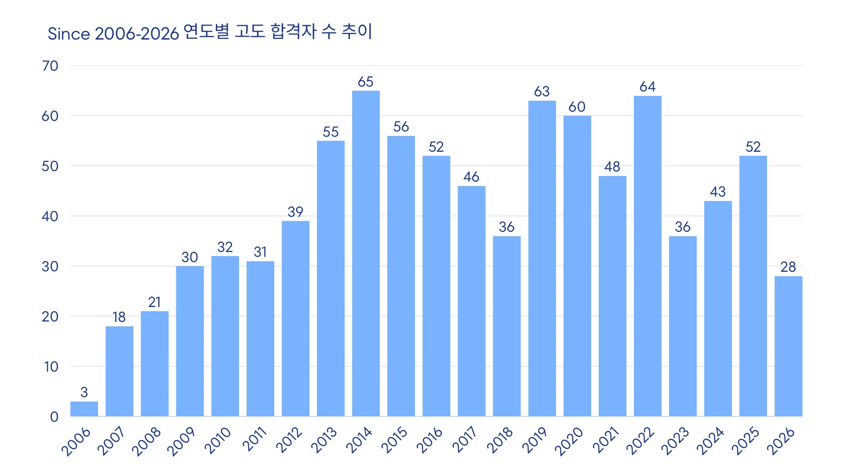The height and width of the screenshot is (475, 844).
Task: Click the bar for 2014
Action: click(366, 253)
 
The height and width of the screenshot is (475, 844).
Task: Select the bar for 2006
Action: click(84, 409)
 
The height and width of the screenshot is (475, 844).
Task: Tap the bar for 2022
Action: click(648, 256)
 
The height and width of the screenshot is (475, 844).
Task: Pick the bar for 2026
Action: click(788, 346)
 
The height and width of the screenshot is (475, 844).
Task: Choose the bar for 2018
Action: click(506, 326)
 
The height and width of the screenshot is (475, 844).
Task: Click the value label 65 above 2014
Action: click(366, 82)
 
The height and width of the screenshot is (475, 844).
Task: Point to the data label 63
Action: click(542, 91)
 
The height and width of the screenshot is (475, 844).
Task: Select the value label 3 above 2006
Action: click(84, 392)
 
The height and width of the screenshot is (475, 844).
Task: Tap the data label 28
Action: click(788, 267)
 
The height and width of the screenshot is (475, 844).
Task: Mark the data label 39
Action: click(295, 212)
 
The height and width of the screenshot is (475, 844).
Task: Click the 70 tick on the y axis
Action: click(50, 66)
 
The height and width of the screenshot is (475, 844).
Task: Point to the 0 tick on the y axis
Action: click(54, 417)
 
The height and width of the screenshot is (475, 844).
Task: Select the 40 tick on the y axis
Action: click(50, 216)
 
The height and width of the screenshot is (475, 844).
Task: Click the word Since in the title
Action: click(69, 34)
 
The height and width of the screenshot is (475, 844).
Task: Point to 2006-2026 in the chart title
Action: click(137, 34)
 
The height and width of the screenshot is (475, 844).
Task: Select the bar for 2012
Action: click(295, 318)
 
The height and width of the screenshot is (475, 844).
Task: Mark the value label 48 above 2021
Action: click(612, 167)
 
